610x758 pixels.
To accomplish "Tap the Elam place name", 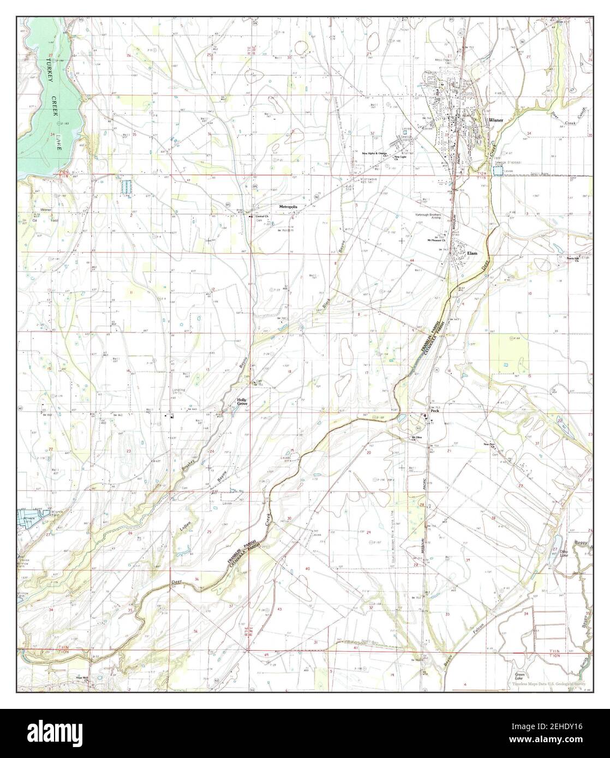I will coord(472,254).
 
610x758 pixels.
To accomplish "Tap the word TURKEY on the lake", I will coord(49,71).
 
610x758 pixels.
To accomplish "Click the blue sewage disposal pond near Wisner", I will coord(497,171).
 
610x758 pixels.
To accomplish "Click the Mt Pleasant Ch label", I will coord(436,240).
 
